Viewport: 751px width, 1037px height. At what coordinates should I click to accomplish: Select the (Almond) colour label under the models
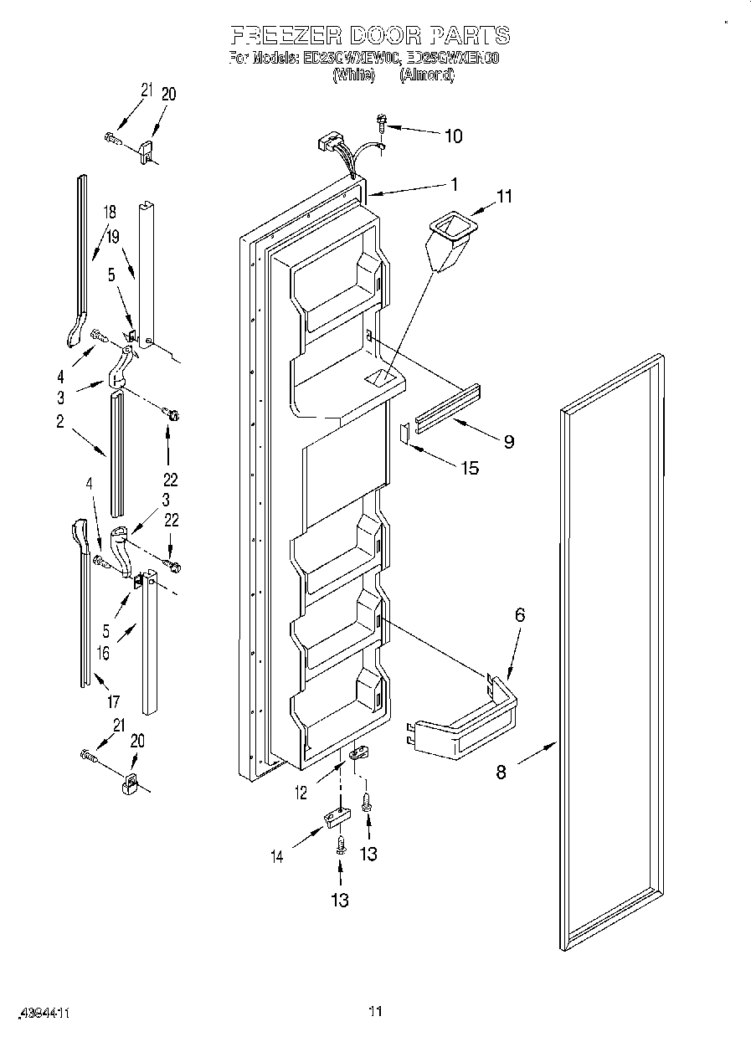click(426, 74)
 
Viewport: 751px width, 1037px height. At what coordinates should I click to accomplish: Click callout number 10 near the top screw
click(452, 136)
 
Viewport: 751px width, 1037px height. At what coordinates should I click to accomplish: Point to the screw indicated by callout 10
click(382, 122)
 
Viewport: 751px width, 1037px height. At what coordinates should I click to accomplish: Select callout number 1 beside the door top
click(453, 185)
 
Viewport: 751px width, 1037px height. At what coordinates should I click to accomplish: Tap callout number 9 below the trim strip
click(508, 441)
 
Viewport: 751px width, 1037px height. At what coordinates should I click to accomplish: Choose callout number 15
click(470, 468)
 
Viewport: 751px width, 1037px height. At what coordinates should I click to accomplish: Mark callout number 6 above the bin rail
click(519, 614)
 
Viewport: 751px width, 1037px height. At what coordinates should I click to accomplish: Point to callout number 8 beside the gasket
click(501, 772)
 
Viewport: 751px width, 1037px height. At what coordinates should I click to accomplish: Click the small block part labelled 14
click(335, 816)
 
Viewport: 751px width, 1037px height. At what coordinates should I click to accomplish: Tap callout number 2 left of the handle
click(60, 422)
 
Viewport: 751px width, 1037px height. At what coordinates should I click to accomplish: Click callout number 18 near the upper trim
click(109, 212)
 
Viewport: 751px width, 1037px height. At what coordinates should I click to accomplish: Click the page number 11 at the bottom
click(375, 1012)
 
